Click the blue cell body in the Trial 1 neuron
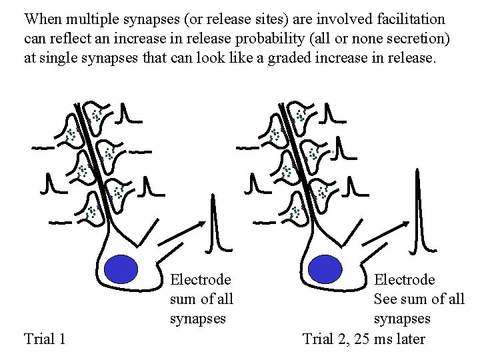click(x=121, y=270)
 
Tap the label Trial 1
click(x=44, y=339)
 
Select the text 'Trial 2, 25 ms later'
click(x=363, y=339)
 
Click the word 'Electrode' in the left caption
click(x=201, y=279)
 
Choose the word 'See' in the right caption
click(x=386, y=299)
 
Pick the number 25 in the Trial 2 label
click(x=363, y=339)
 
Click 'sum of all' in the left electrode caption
click(x=201, y=299)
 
